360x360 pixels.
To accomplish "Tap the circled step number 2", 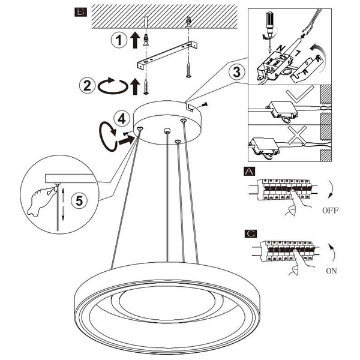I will [88, 85].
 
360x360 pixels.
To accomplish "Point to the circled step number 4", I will [122, 119].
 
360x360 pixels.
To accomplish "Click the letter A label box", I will [250, 171].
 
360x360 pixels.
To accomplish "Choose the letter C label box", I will [250, 232].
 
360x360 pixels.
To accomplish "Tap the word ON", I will [331, 271].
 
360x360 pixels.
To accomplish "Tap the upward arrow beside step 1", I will [135, 40].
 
